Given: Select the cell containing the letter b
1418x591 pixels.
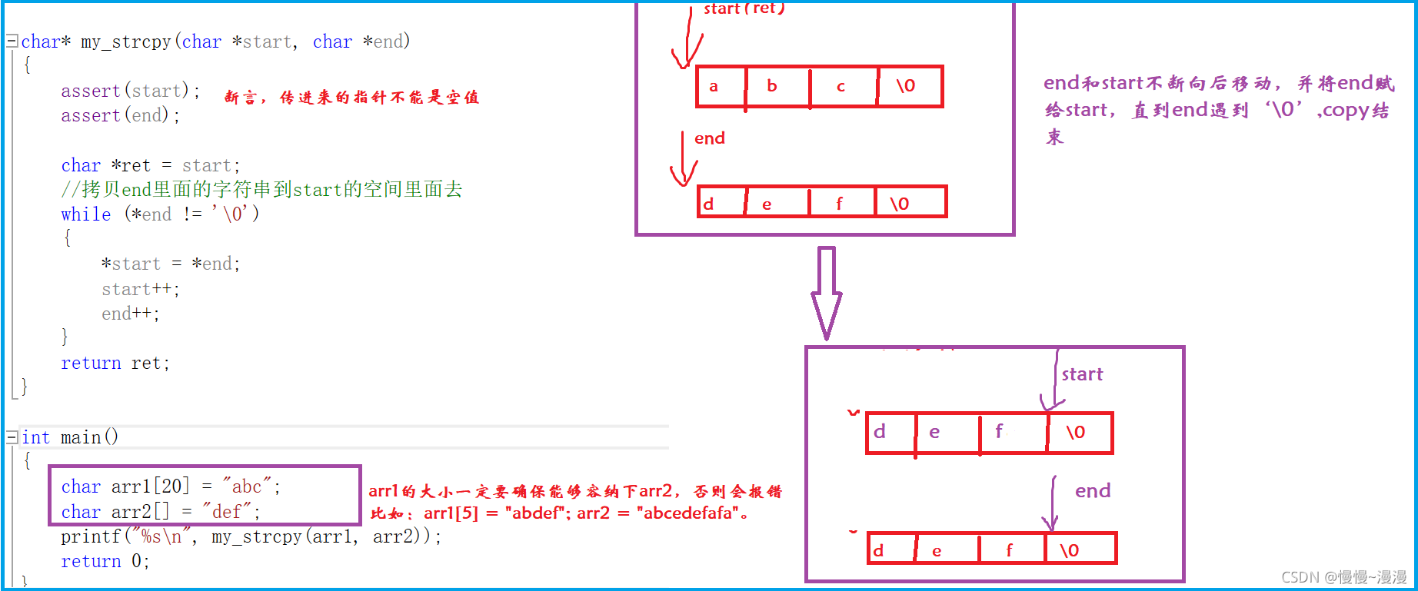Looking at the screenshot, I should [x=777, y=86].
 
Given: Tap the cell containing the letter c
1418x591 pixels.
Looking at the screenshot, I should [x=843, y=86].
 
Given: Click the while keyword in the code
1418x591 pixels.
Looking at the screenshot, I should [x=86, y=214].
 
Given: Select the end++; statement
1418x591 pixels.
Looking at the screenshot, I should [x=131, y=314].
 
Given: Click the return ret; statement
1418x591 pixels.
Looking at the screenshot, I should [x=115, y=363].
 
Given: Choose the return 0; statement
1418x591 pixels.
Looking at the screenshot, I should [x=105, y=561].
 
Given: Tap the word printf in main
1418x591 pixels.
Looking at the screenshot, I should [x=91, y=536].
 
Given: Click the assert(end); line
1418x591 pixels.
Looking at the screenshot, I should [x=121, y=115].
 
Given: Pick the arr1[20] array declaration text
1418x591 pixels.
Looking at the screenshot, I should [x=150, y=486].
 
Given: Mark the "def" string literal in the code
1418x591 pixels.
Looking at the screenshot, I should [x=227, y=512].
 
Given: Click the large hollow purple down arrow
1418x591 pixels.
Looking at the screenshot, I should [x=827, y=292].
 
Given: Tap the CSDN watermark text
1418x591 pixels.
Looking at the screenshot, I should [x=1343, y=577].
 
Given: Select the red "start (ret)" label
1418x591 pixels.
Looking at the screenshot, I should [x=744, y=8].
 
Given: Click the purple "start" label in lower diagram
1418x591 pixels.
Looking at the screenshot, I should [x=1082, y=374].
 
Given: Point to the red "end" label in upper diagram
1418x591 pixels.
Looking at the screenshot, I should [x=710, y=138].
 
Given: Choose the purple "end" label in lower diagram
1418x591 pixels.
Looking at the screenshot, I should [x=1093, y=491].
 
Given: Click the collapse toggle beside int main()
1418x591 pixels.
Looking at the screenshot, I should [x=12, y=437].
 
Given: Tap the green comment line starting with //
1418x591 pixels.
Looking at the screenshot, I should [x=261, y=190].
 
